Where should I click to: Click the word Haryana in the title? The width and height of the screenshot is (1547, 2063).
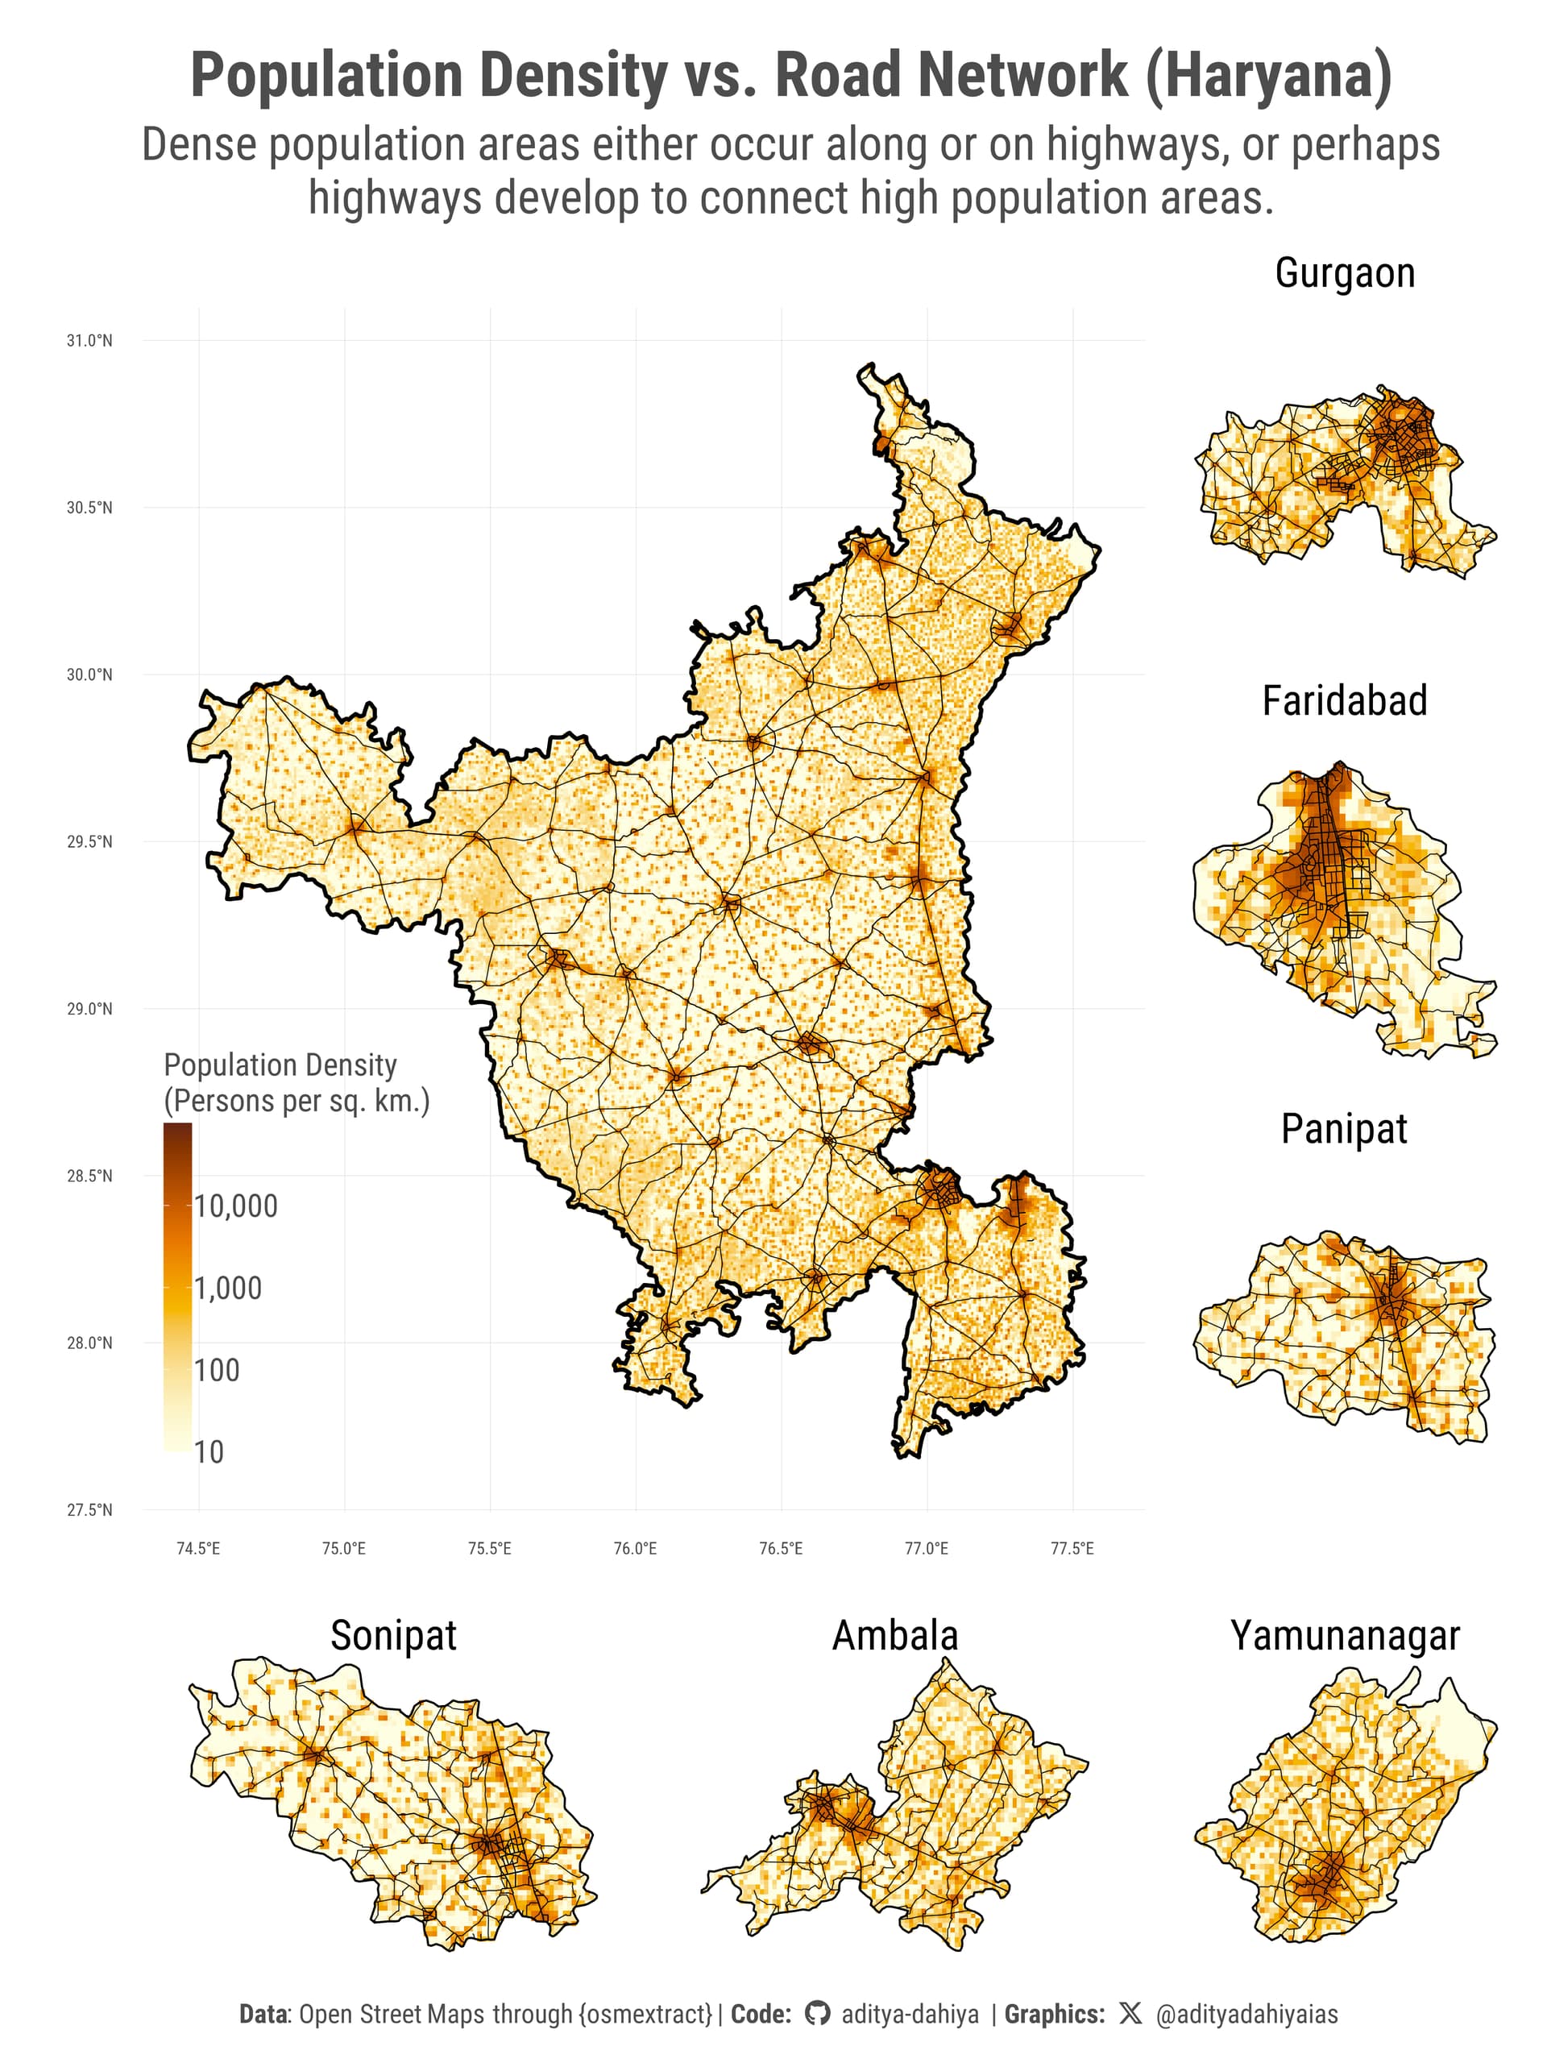[x=1267, y=77]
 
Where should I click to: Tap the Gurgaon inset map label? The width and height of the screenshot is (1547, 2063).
[x=1344, y=273]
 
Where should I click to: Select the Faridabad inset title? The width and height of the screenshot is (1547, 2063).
[x=1344, y=700]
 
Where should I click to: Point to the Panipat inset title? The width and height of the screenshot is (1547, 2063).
[x=1344, y=1128]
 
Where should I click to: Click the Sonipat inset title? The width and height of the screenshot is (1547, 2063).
[x=393, y=1635]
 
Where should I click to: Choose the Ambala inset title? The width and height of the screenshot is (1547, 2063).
[x=894, y=1635]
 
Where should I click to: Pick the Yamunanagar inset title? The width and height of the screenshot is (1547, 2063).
[x=1344, y=1635]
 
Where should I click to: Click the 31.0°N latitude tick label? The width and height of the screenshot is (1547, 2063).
[x=89, y=342]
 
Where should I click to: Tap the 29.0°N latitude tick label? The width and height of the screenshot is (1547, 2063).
[x=89, y=1009]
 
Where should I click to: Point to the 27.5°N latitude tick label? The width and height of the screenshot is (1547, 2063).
[x=89, y=1510]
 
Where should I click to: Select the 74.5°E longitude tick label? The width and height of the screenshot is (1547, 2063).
[x=199, y=1549]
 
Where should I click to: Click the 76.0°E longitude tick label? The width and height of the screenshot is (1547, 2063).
[x=635, y=1549]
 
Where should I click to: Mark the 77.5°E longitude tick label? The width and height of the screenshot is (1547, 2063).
[x=1072, y=1549]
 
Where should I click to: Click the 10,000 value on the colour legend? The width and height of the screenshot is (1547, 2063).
[x=236, y=1206]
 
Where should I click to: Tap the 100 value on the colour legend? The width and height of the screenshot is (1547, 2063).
[x=218, y=1370]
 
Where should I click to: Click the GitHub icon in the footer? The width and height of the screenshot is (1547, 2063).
[x=817, y=2015]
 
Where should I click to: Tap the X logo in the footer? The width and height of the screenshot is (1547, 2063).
[x=1130, y=2015]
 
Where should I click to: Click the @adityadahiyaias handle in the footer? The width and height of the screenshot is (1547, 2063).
[x=1246, y=2015]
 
